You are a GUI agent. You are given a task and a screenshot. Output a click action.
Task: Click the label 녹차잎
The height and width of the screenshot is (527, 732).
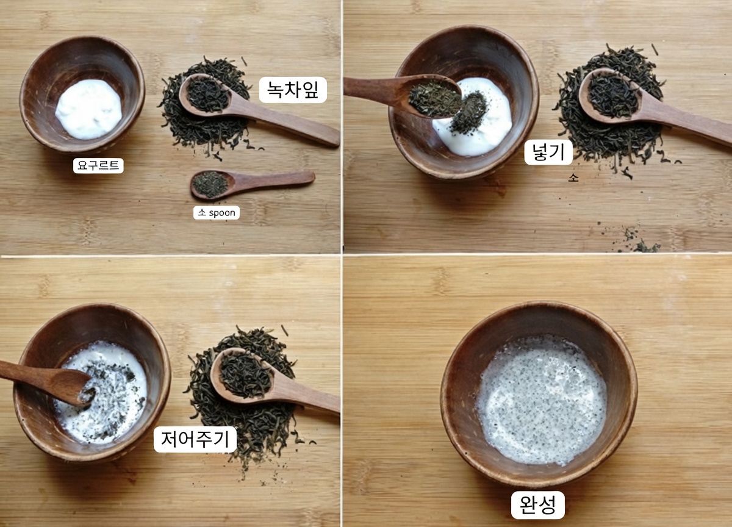pyautogui.click(x=293, y=90)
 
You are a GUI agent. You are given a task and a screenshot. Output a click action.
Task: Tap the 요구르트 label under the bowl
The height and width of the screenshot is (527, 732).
pyautogui.click(x=98, y=165)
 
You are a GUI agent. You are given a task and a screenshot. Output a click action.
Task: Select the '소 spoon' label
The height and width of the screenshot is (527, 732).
pyautogui.click(x=216, y=212)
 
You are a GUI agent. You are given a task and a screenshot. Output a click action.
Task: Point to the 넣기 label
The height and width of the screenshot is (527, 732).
pyautogui.click(x=548, y=152)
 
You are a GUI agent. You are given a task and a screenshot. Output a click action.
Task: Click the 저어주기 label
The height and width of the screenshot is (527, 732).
pyautogui.click(x=195, y=439)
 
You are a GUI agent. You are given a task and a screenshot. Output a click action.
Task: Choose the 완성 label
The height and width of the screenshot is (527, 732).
pyautogui.click(x=537, y=505)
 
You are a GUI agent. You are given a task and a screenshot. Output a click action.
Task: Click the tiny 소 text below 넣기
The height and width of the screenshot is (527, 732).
pyautogui.click(x=572, y=178)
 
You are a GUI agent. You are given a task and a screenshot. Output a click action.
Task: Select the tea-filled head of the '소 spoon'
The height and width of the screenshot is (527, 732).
pyautogui.click(x=210, y=184)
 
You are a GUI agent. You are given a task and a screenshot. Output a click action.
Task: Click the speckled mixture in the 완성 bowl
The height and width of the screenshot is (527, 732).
pyautogui.click(x=541, y=400)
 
